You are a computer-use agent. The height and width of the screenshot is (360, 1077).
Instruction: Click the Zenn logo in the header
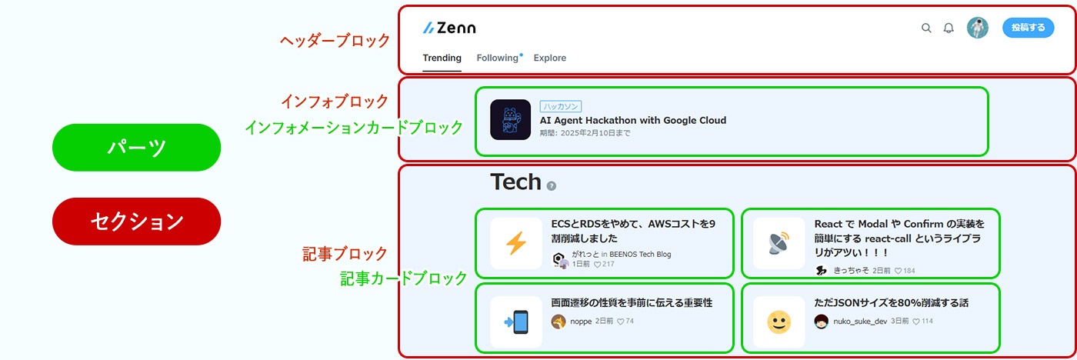click(x=449, y=28)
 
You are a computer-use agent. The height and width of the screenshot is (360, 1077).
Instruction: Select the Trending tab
click(x=442, y=58)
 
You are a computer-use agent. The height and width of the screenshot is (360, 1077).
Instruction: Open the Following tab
click(x=497, y=58)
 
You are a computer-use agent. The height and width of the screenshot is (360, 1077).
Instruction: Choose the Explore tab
click(x=549, y=58)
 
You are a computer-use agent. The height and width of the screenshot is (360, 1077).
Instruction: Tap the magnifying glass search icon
click(x=926, y=28)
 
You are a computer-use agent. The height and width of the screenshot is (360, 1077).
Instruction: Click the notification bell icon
click(x=949, y=28)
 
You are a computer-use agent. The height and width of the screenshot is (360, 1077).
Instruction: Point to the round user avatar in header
click(x=977, y=28)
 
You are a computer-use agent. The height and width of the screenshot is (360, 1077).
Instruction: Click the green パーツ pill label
click(x=136, y=147)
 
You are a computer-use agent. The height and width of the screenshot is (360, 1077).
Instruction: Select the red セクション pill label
click(x=136, y=222)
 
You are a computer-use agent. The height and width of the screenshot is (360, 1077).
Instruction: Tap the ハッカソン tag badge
click(x=560, y=106)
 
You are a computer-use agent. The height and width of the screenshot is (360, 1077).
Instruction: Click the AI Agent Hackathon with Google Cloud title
click(x=632, y=120)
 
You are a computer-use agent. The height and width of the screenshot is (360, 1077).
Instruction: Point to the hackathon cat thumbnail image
click(x=510, y=120)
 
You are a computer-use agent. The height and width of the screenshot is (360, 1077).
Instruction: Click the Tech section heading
click(x=515, y=182)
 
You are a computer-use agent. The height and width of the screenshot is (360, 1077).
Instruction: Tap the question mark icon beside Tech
click(x=551, y=186)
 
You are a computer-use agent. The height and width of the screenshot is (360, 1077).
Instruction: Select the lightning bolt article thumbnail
click(x=515, y=243)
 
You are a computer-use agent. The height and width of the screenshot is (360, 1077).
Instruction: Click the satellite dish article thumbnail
click(x=779, y=243)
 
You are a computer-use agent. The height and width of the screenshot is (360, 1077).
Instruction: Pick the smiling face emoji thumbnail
click(x=779, y=322)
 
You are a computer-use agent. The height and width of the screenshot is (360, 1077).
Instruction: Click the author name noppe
click(x=581, y=321)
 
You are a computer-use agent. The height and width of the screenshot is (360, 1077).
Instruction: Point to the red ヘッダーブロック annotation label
click(x=335, y=41)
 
